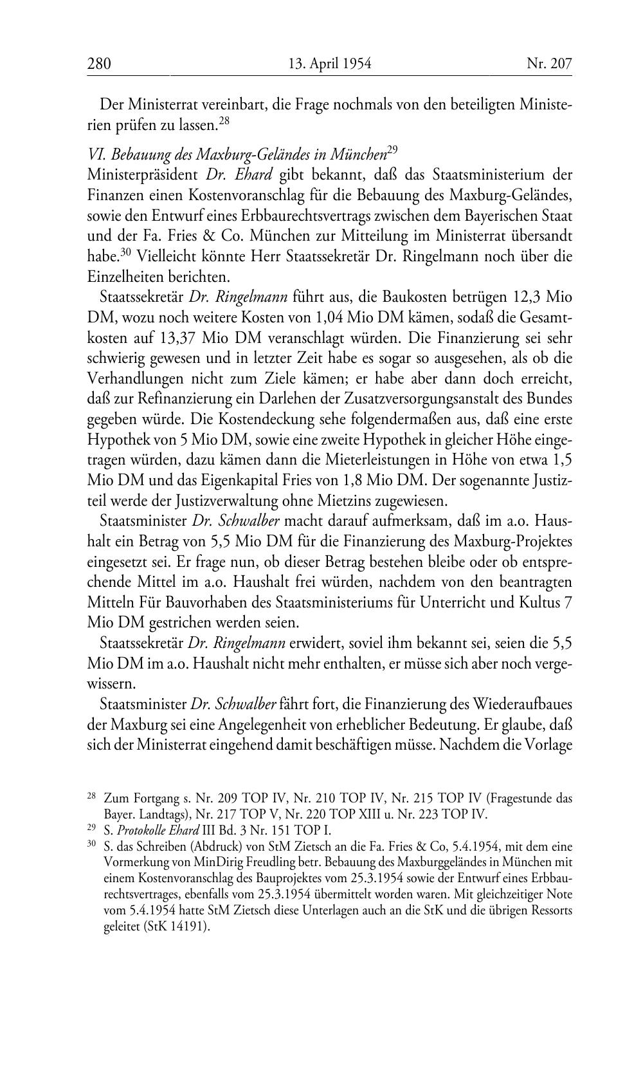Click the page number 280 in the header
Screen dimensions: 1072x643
tap(99, 63)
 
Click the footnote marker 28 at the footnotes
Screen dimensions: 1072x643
tap(91, 797)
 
